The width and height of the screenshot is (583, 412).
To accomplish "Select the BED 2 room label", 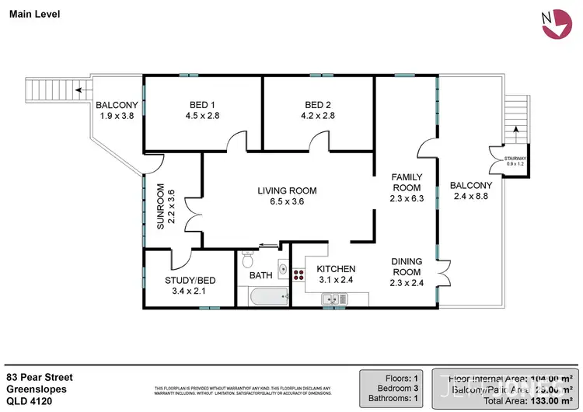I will coord(319,106).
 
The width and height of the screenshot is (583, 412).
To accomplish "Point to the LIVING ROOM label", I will coord(288,190).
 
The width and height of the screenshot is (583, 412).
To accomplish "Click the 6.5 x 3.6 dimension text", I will coord(288,202).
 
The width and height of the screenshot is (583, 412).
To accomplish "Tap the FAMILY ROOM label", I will coord(406,182).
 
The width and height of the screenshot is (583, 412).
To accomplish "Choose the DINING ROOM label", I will coord(406,267).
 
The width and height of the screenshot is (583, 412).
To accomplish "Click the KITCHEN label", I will coord(336,269).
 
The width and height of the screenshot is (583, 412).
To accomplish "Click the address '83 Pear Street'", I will coord(39,376).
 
